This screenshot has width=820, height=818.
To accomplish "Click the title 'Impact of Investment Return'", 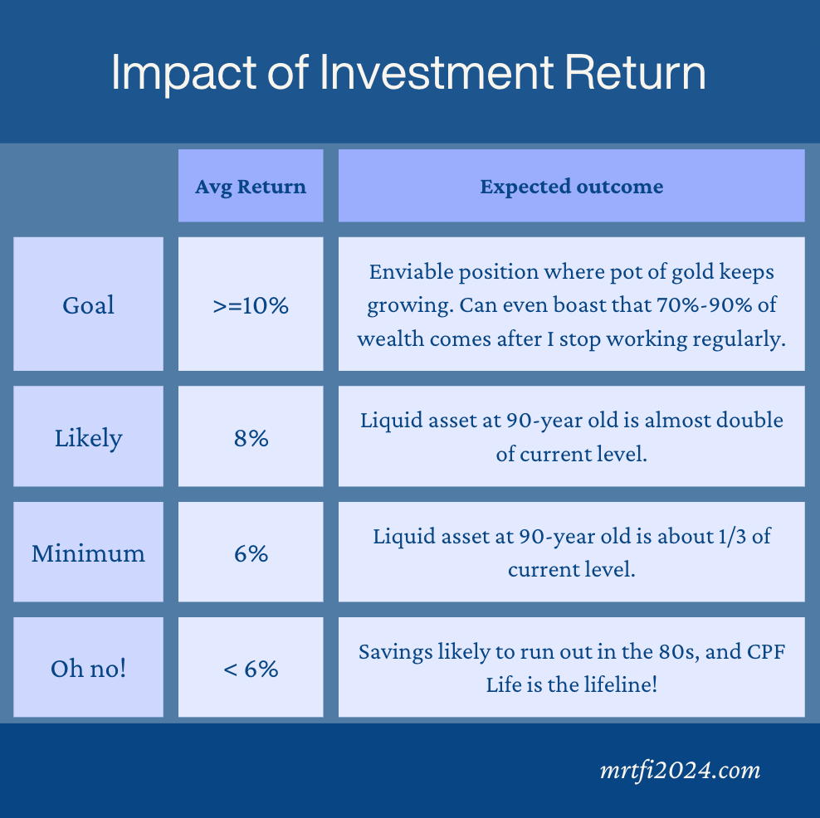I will pos(408,72).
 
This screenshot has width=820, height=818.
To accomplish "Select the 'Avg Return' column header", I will pos(251,186).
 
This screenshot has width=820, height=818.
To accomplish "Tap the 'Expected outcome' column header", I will pos(571,186).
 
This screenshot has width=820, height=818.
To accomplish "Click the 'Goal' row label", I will pos(88,304).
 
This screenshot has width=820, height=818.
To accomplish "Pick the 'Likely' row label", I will pos(88,437).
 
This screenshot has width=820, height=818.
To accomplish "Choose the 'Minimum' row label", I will pos(88,553).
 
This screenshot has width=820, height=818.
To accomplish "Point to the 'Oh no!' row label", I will pos(88,668).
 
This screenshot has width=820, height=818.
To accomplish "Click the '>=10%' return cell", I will pos(251,304).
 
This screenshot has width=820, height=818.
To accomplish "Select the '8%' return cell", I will pos(251,437).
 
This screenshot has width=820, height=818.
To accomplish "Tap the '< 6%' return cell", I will pos(251,668).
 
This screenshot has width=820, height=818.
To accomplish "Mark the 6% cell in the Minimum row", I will pos(251,553).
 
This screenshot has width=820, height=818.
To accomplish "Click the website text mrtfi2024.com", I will pos(680,770).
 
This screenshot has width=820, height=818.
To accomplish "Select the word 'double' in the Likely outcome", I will pos(751,420).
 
